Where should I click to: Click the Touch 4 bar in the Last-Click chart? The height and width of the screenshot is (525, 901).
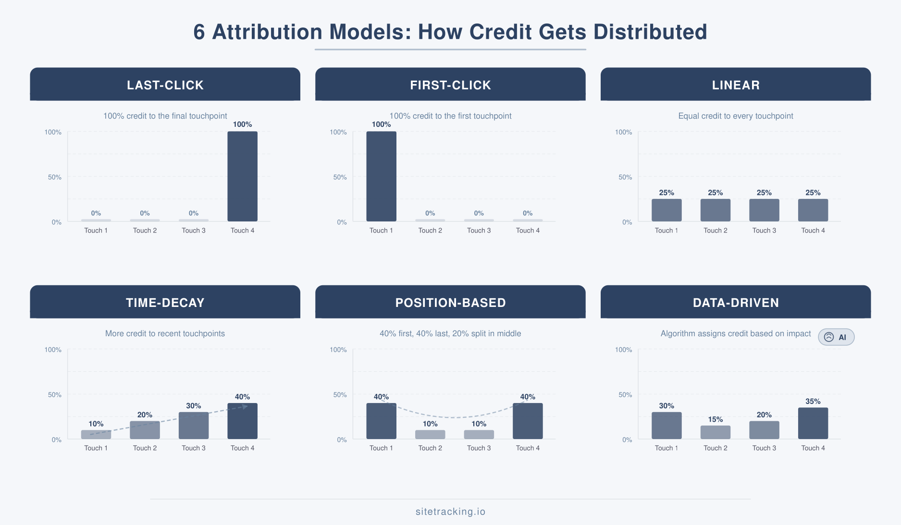(242, 176)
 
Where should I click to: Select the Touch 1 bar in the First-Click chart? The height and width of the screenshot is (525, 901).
(381, 176)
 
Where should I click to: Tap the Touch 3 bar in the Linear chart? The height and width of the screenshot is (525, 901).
(764, 210)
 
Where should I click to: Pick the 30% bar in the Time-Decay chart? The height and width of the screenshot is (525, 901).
(194, 426)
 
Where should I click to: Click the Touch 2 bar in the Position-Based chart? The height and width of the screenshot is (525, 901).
(430, 434)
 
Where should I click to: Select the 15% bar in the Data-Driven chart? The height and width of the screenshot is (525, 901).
(715, 432)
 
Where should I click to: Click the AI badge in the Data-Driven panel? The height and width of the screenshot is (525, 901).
(836, 337)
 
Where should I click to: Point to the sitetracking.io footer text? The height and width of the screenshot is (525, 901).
(450, 512)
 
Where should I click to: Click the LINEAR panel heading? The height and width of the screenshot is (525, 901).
(736, 85)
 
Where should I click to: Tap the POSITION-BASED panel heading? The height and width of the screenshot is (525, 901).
(450, 303)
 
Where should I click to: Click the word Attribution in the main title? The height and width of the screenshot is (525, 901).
(267, 32)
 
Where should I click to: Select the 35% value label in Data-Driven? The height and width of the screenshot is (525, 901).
(813, 402)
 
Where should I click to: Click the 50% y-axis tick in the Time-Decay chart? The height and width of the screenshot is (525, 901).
(55, 395)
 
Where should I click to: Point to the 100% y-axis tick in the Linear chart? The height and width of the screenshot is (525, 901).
(623, 132)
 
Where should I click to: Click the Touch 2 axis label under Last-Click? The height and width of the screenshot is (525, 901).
(145, 231)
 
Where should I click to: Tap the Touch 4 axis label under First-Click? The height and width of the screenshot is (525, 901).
(528, 231)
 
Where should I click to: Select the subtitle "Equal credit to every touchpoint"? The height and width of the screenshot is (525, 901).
(735, 116)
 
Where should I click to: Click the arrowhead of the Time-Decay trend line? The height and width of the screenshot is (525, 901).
(246, 407)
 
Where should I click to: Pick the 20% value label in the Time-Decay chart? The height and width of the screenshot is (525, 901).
(145, 415)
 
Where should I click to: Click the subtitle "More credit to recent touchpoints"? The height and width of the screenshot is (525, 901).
(165, 333)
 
